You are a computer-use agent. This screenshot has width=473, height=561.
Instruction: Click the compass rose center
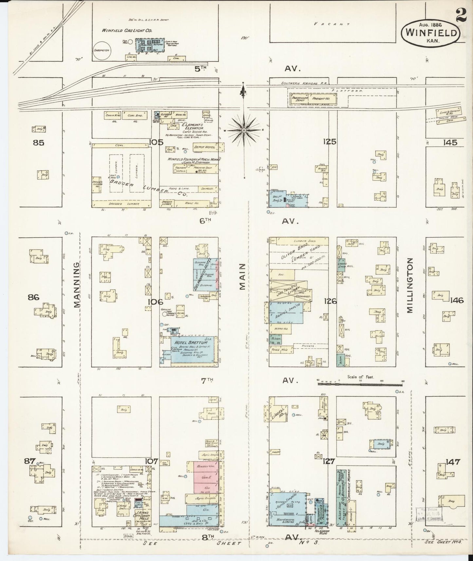point(244,130)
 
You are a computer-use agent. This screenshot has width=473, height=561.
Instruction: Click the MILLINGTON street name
point(410,285)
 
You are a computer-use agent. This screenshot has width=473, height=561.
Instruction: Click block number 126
point(330,301)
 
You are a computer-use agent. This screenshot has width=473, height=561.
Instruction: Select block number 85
point(38,143)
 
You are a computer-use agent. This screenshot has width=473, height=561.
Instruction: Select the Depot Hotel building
point(205,147)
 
